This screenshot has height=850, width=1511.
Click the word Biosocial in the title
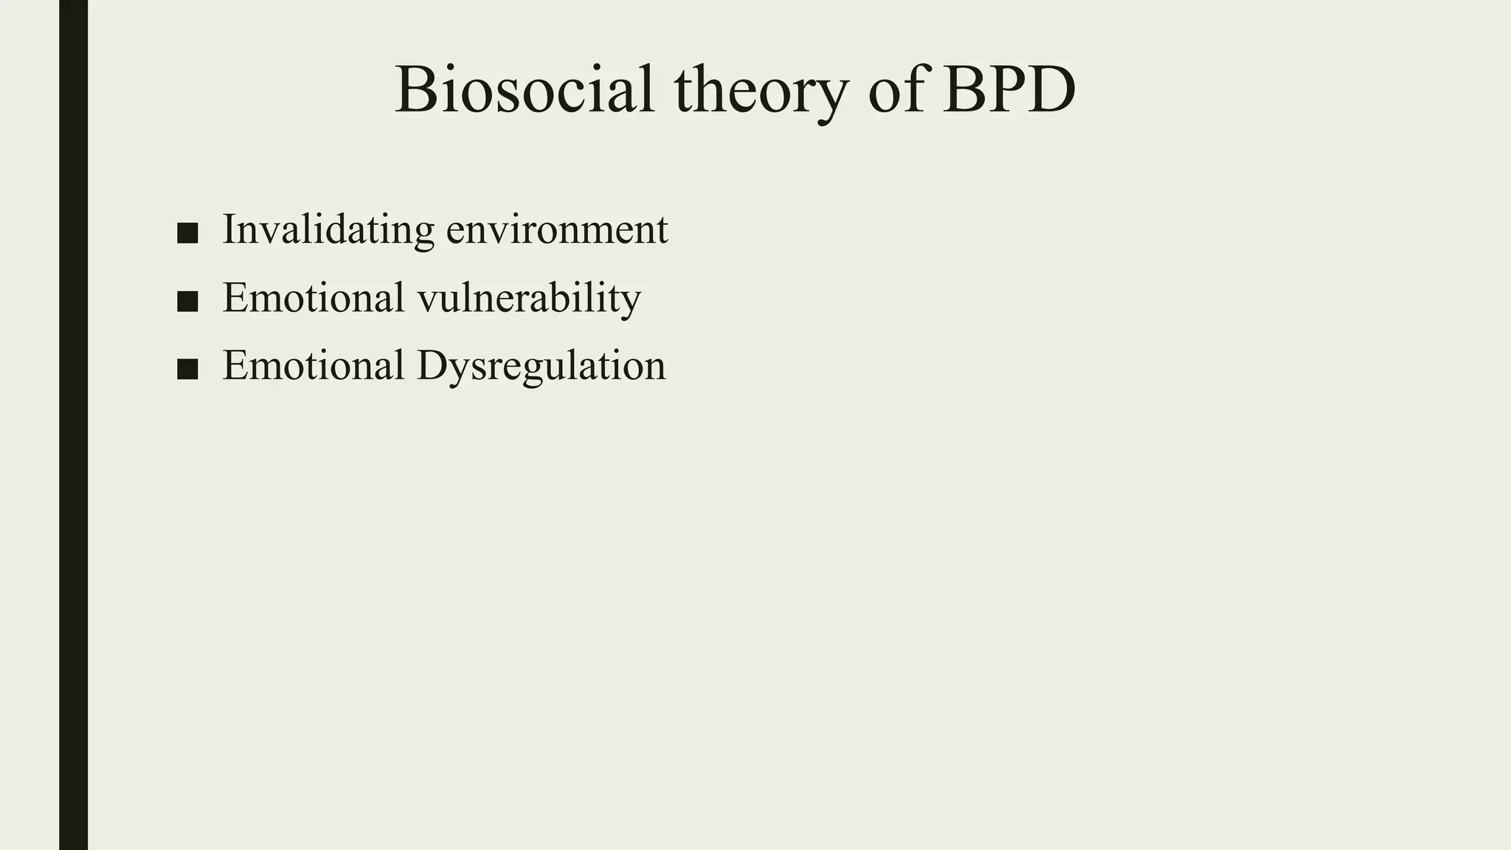pyautogui.click(x=525, y=90)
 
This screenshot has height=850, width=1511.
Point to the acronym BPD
pyautogui.click(x=1009, y=90)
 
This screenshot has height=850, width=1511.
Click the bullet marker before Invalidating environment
pyautogui.click(x=187, y=232)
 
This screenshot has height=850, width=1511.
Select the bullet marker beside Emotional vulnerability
pyautogui.click(x=187, y=301)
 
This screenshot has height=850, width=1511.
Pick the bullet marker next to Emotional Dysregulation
pyautogui.click(x=187, y=369)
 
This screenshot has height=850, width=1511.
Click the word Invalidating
pyautogui.click(x=328, y=229)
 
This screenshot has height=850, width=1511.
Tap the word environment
pyautogui.click(x=557, y=230)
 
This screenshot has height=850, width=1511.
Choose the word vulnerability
pyautogui.click(x=529, y=298)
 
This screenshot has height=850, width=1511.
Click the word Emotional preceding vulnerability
pyautogui.click(x=314, y=297)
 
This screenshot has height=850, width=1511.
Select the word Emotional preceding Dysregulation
pyautogui.click(x=314, y=366)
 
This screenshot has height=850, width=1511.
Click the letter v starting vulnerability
pyautogui.click(x=427, y=300)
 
